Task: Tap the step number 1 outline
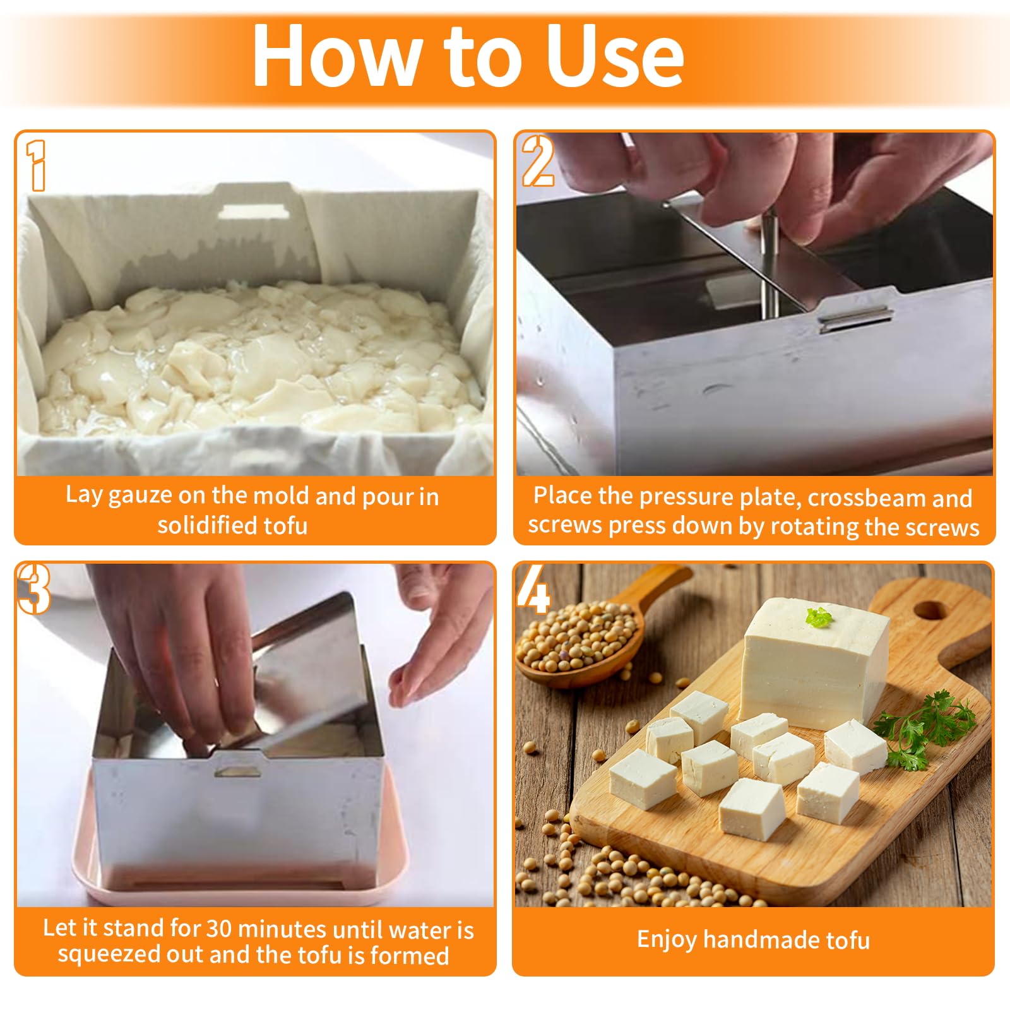click(37, 165)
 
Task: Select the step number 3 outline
click(33, 588)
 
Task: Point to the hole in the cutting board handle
click(930, 610)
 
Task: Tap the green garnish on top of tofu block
click(819, 617)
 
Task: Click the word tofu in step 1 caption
click(282, 525)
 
